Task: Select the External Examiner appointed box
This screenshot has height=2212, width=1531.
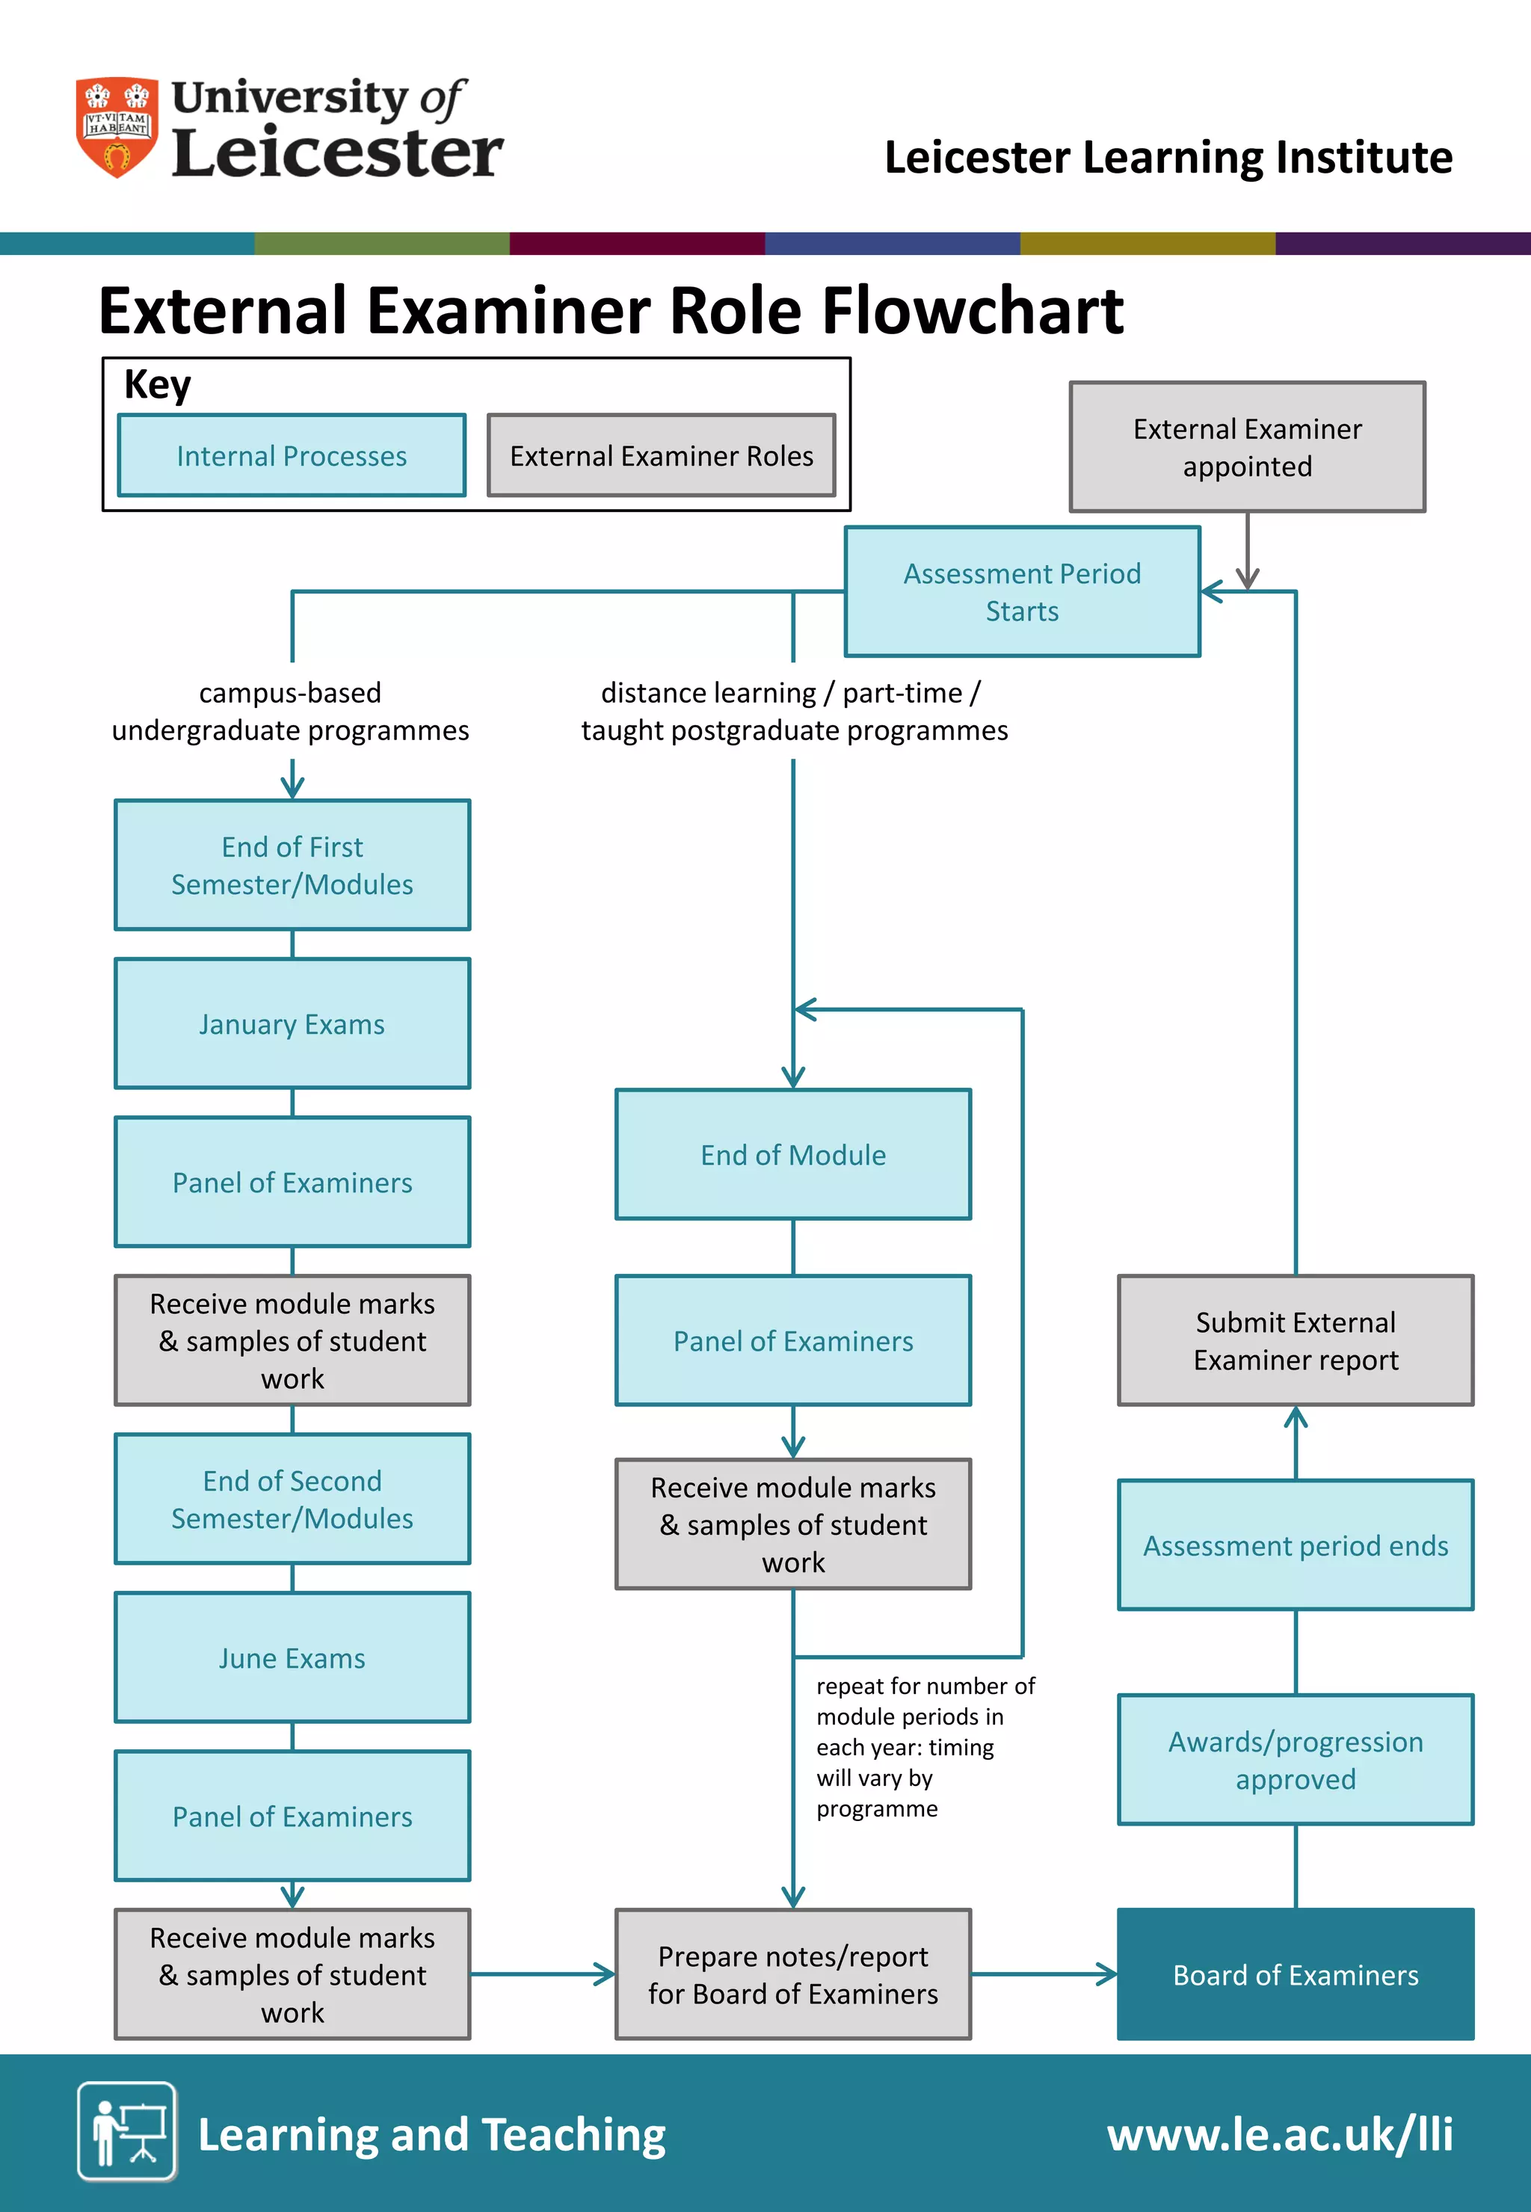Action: [x=1246, y=447]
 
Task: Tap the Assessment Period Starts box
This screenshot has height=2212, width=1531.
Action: [x=1022, y=592]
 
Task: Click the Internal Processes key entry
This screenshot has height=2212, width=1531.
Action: [x=292, y=456]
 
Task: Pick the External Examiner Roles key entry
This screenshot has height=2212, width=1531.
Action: [x=661, y=456]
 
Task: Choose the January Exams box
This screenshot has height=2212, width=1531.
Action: [x=292, y=1023]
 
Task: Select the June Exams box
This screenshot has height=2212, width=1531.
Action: [x=292, y=1657]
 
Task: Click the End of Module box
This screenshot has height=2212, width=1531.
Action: [x=792, y=1154]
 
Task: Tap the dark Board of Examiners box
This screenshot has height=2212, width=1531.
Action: [x=1295, y=1974]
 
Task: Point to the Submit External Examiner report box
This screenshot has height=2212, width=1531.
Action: [x=1295, y=1340]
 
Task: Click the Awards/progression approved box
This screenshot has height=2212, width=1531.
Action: [x=1295, y=1759]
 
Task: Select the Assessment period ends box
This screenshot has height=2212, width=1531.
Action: [x=1295, y=1545]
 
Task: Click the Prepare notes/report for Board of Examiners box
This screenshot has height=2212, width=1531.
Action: [x=792, y=1974]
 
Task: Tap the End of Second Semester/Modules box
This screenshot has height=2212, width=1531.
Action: [x=292, y=1498]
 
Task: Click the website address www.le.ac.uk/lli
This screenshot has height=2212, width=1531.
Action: [x=1279, y=2134]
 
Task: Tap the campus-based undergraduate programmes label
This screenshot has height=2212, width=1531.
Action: [x=291, y=711]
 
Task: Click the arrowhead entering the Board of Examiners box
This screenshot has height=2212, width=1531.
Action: [x=1108, y=1974]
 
